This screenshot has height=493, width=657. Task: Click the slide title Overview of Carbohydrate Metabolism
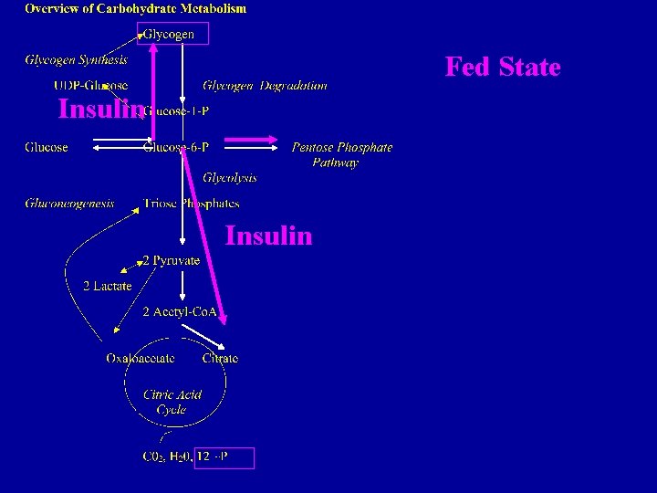click(135, 9)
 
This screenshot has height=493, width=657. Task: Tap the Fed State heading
click(502, 68)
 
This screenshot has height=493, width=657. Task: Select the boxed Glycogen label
click(174, 35)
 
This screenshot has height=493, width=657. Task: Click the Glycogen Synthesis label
click(76, 60)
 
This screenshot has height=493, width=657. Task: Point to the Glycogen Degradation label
click(265, 86)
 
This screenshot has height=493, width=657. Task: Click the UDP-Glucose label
click(90, 86)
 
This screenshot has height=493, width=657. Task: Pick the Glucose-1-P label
click(182, 110)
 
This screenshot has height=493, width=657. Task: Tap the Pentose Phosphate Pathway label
click(341, 154)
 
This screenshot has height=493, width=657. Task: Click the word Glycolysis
click(229, 177)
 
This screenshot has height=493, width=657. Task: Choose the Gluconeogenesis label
click(69, 203)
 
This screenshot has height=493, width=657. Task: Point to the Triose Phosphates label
click(191, 203)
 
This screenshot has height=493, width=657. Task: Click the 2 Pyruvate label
click(171, 260)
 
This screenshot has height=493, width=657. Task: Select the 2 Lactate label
click(107, 286)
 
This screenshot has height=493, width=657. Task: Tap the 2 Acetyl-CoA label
click(179, 312)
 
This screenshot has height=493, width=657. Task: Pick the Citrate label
click(220, 359)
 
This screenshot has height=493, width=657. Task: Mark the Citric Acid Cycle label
click(172, 403)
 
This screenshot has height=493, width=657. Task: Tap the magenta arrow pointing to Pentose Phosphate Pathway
click(251, 141)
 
